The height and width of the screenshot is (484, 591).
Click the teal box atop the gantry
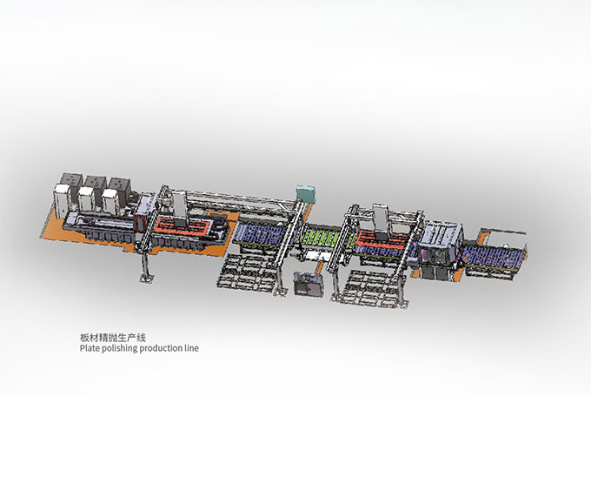click(x=305, y=193)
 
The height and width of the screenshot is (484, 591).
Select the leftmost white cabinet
click(x=61, y=199)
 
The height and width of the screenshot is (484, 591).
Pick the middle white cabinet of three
click(x=85, y=199)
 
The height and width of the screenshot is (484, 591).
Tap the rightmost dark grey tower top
click(x=119, y=184)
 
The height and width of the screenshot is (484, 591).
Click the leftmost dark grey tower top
click(x=72, y=179)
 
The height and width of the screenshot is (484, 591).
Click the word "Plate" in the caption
click(x=90, y=348)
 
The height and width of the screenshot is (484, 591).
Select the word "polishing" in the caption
click(x=120, y=348)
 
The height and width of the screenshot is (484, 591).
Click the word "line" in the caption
click(x=191, y=348)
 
